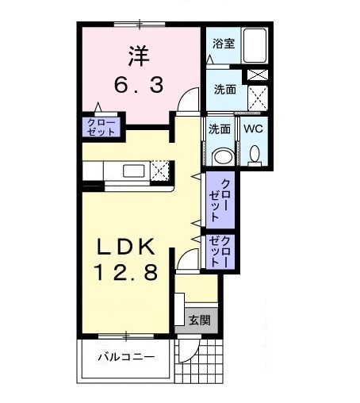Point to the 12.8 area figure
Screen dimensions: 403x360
click(128, 272)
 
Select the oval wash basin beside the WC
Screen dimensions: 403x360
click(221, 155)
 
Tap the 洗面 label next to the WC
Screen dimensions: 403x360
click(220, 129)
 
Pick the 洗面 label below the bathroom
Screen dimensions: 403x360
click(224, 90)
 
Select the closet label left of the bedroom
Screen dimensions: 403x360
click(101, 127)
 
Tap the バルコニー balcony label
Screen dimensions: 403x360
click(126, 355)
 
